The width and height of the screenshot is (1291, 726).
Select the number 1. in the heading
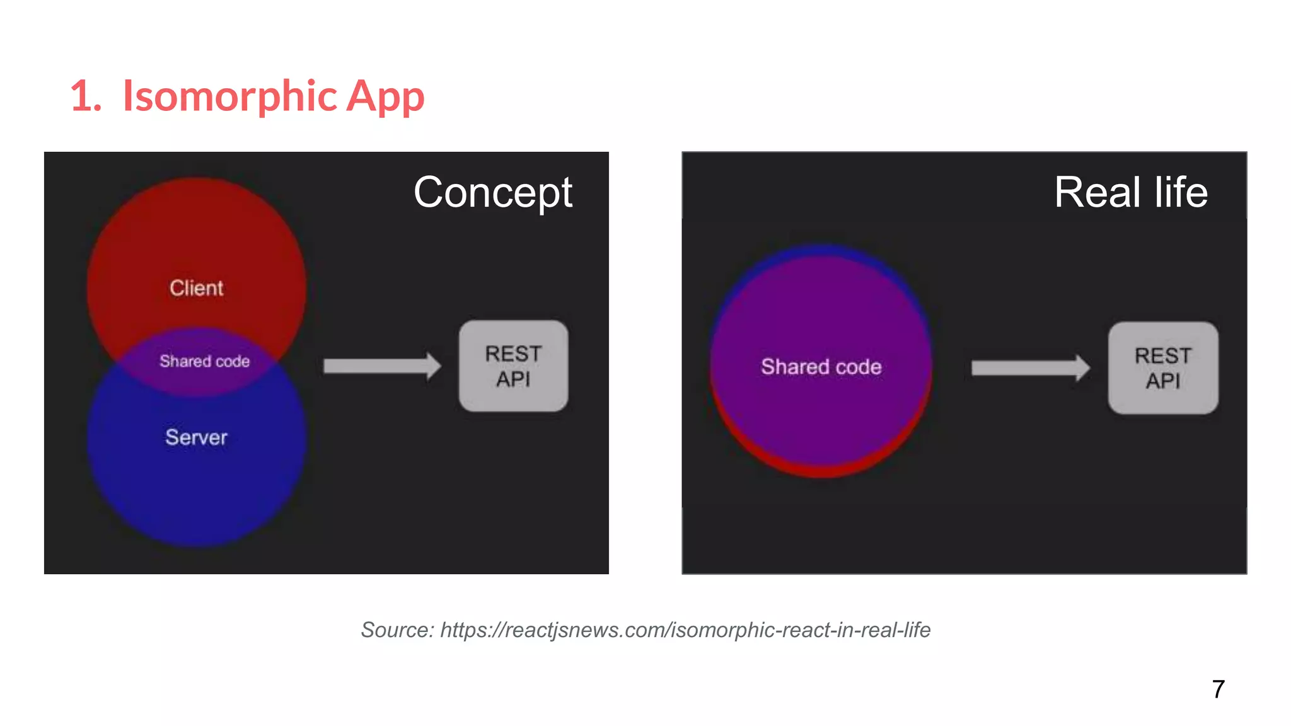click(x=86, y=97)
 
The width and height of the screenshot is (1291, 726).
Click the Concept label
click(x=493, y=192)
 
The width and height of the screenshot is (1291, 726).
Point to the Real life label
click(x=1131, y=192)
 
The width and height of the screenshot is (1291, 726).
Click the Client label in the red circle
click(x=196, y=288)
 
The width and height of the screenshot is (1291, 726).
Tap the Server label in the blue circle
click(x=196, y=437)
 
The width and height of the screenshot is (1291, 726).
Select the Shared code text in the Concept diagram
click(x=204, y=361)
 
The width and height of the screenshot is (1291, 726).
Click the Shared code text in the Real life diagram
click(x=821, y=367)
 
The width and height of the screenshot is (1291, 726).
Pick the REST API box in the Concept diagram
click(x=513, y=366)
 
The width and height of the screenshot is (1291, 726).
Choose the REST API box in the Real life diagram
click(x=1163, y=368)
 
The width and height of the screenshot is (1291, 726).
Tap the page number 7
click(x=1218, y=689)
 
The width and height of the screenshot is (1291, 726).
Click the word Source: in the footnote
click(x=397, y=630)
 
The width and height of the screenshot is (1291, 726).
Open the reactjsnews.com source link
click(x=685, y=630)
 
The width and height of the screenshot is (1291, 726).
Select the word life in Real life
click(x=1181, y=192)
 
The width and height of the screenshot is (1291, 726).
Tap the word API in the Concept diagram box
click(x=513, y=379)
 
